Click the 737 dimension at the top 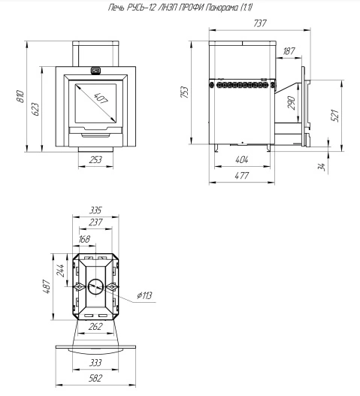tap(260, 23)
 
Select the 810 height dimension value tap(21, 96)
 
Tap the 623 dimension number tap(35, 109)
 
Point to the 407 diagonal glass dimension tap(101, 98)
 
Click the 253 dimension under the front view tap(95, 159)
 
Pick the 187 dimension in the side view tap(289, 51)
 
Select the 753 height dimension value tap(185, 92)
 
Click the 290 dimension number tap(292, 102)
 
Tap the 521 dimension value tap(334, 116)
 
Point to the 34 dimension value tap(321, 167)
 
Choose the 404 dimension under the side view tap(242, 159)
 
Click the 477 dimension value tap(242, 175)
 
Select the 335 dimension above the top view tap(95, 210)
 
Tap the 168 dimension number tap(84, 239)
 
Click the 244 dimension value tap(60, 271)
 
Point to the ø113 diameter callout tap(144, 295)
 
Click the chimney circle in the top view tap(95, 279)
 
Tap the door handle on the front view tap(95, 70)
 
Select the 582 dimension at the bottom tap(95, 378)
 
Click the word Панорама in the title tap(222, 8)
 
